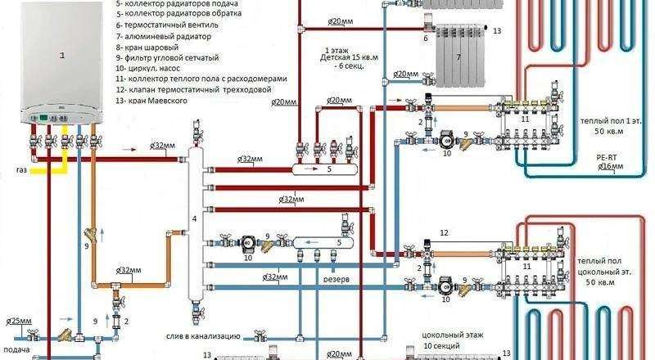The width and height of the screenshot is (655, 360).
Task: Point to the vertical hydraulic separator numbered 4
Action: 194,217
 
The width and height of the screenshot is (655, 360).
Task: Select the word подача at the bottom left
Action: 17,349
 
